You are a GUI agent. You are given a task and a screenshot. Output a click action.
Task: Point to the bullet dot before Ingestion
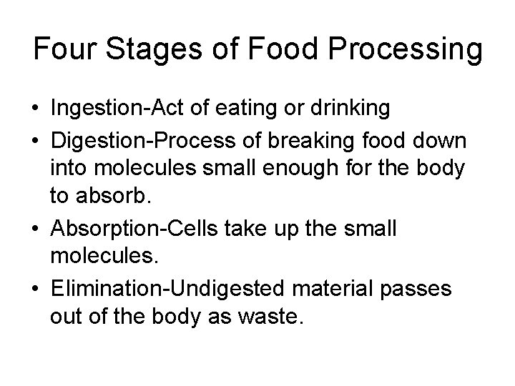tap(35, 109)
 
